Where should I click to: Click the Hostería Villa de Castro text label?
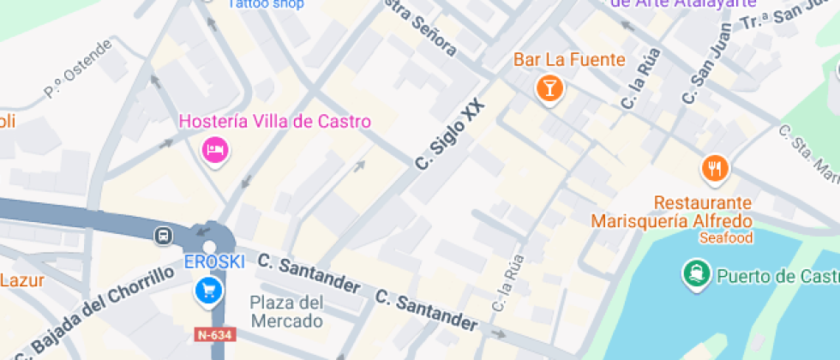coord(274,122)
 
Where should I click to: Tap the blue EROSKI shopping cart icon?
coord(208,291)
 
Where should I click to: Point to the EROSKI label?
coord(214,261)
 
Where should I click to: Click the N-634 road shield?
coord(213,333)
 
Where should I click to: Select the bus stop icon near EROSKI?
coord(162,235)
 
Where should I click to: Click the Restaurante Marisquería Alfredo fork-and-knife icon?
coord(715,168)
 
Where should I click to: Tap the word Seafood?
coord(725,237)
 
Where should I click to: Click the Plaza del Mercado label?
coord(287,312)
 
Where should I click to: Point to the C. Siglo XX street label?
coord(450,135)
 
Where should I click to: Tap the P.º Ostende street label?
coord(78,68)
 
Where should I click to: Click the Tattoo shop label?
coord(266,4)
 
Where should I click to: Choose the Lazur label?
coord(21,279)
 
